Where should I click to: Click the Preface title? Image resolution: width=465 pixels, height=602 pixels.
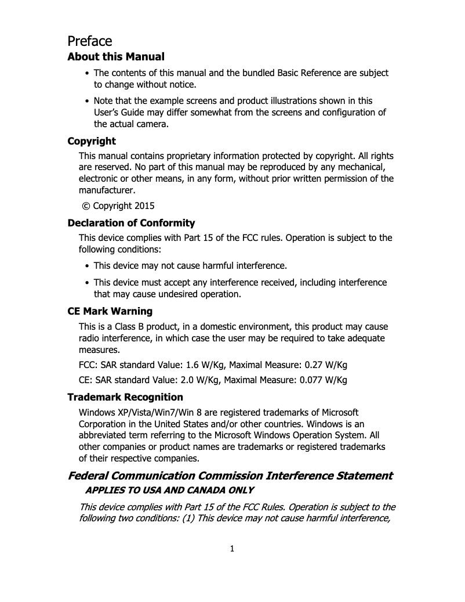(90, 41)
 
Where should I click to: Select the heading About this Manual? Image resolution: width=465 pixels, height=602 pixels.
(116, 57)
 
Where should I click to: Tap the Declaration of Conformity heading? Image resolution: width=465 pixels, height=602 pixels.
(131, 223)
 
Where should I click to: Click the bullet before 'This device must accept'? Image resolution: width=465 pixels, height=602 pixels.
(87, 283)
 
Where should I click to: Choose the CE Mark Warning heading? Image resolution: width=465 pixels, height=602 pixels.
(110, 311)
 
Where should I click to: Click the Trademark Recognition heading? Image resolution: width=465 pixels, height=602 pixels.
(125, 397)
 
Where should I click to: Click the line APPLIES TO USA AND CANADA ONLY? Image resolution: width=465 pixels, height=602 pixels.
(169, 490)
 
